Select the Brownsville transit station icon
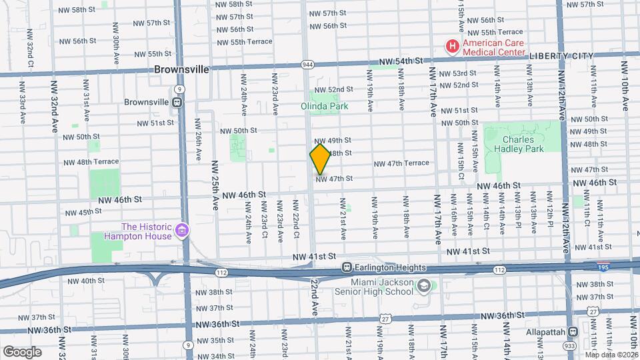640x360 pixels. [x=177, y=103]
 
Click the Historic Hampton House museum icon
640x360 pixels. [x=181, y=231]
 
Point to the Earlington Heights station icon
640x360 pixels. [x=347, y=267]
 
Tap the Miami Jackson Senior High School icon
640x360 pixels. [x=423, y=286]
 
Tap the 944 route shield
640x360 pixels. [x=307, y=64]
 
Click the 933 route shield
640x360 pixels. [x=568, y=347]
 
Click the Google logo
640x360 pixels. [x=22, y=351]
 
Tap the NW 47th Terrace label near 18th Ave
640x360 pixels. [x=401, y=163]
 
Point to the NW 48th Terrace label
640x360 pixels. [x=91, y=162]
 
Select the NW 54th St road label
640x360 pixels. [x=401, y=61]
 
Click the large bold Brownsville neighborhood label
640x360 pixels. [x=182, y=69]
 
